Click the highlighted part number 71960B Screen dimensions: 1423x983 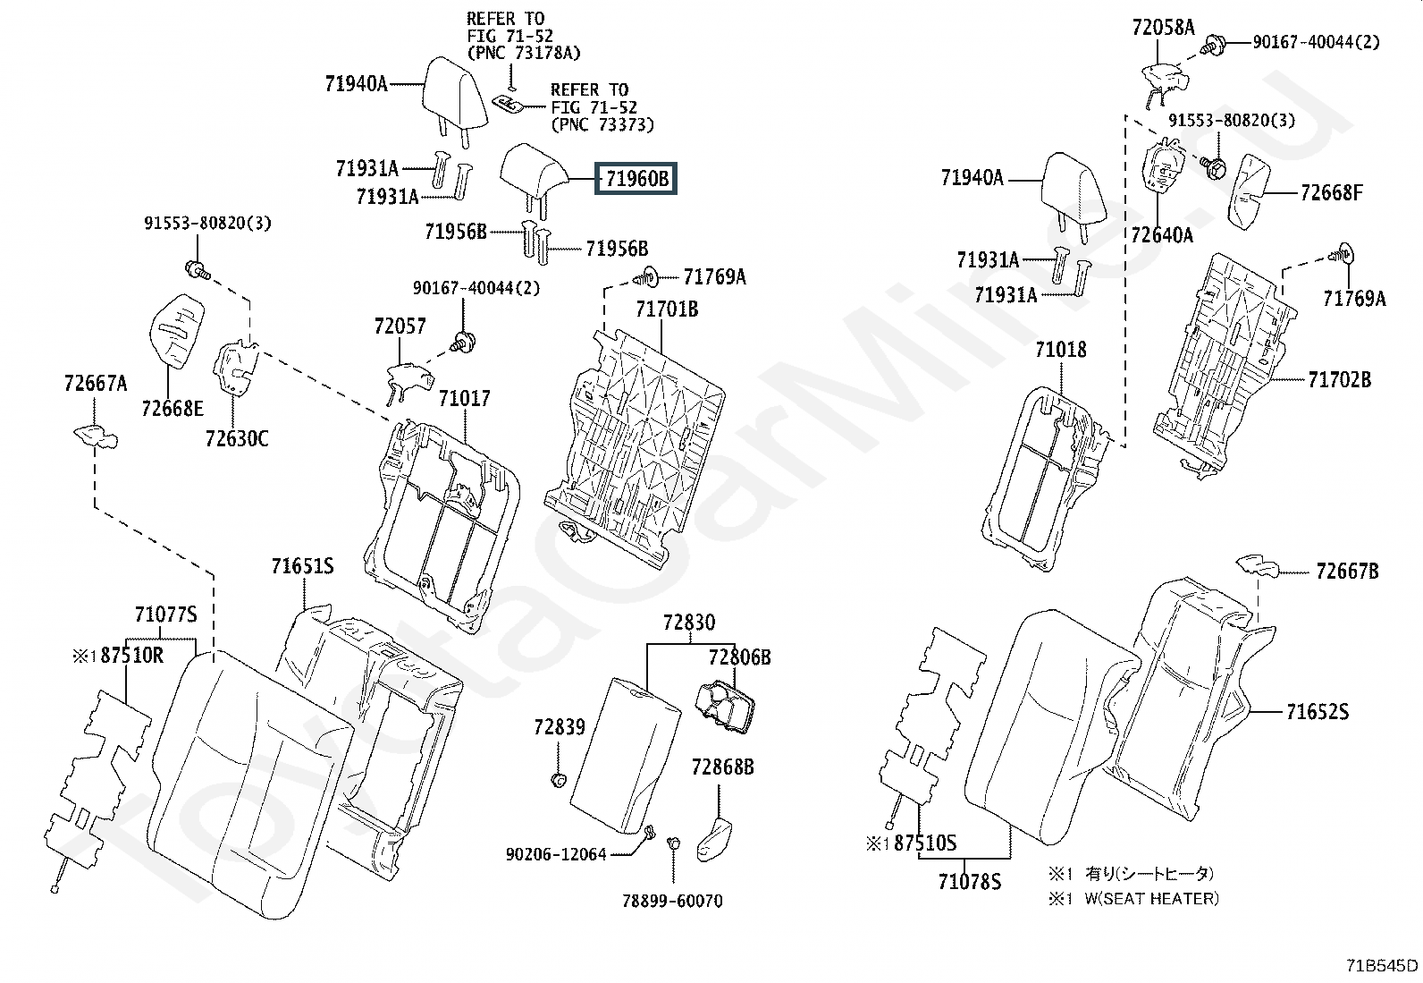636,179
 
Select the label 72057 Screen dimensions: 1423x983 400,326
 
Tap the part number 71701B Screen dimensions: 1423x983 667,309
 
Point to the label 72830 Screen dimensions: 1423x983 689,622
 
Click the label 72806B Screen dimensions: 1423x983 740,657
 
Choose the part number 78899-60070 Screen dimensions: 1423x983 673,901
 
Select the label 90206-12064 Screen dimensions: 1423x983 556,854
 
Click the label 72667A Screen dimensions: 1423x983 96,384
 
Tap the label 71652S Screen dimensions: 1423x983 1318,711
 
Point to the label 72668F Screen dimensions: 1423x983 1332,192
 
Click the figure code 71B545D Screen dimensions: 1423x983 1382,965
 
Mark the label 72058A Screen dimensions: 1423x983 1164,28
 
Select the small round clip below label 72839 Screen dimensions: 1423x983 559,779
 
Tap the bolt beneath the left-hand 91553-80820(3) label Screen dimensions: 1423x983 197,270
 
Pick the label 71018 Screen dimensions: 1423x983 1061,350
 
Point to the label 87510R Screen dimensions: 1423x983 132,655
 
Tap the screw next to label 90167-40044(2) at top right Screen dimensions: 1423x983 1213,45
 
